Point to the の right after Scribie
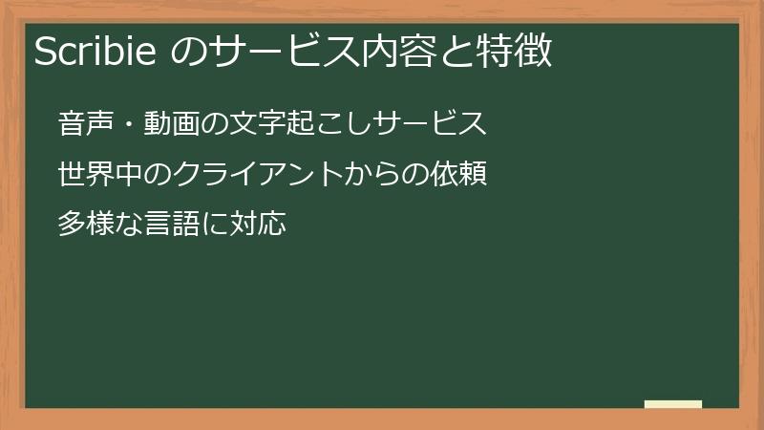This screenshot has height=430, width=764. click(x=189, y=52)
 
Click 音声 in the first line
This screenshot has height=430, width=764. click(x=86, y=124)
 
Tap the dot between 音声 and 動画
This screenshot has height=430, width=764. click(x=129, y=124)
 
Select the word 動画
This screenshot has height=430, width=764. click(x=172, y=124)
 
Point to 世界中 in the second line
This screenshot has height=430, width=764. click(x=100, y=175)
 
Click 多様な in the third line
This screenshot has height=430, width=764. click(x=100, y=226)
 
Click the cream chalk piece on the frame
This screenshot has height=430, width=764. click(x=673, y=404)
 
